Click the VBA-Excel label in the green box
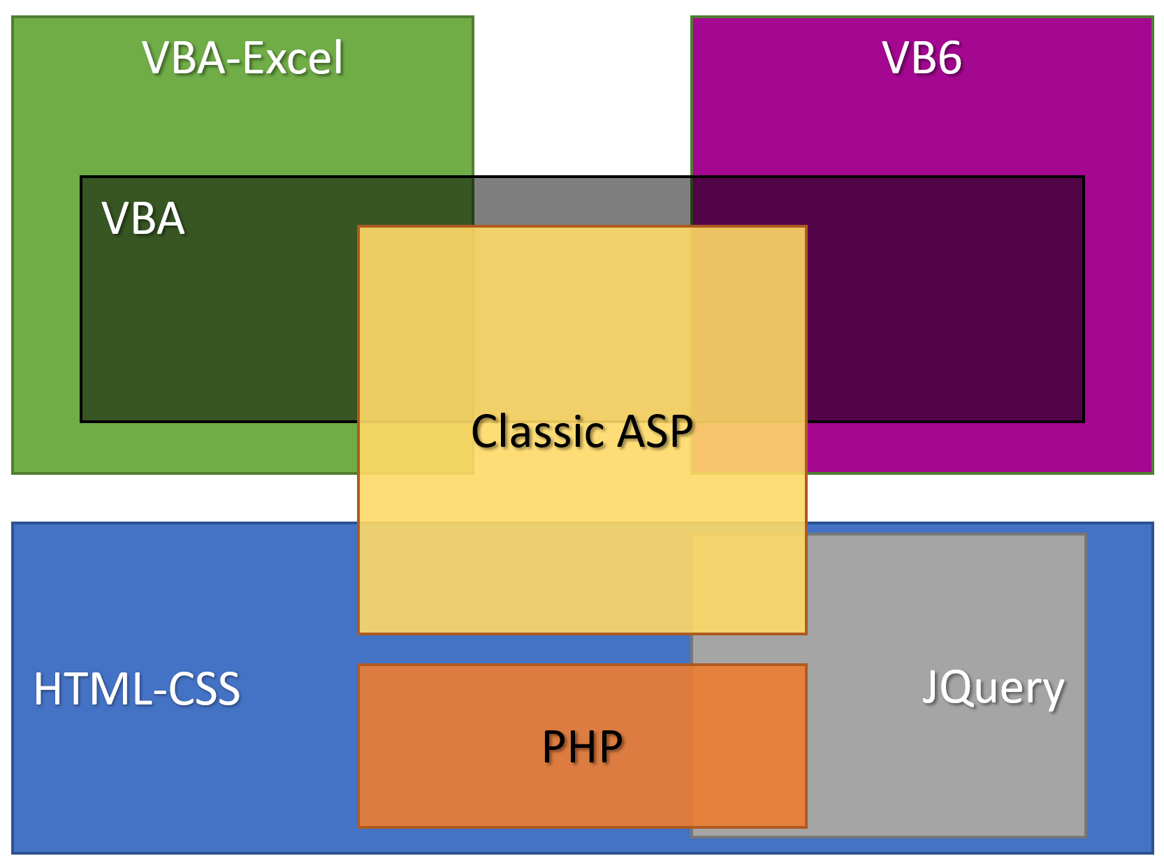[x=242, y=57]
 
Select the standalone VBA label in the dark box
[x=143, y=218]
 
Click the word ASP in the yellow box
[x=655, y=431]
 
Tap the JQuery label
[x=993, y=688]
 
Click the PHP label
[x=582, y=746]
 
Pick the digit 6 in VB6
[x=948, y=58]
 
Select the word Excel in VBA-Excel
[x=293, y=58]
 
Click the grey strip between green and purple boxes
[x=582, y=202]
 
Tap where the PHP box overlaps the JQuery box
[x=748, y=746]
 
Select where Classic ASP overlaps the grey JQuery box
[x=749, y=584]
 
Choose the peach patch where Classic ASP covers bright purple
[x=748, y=447]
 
